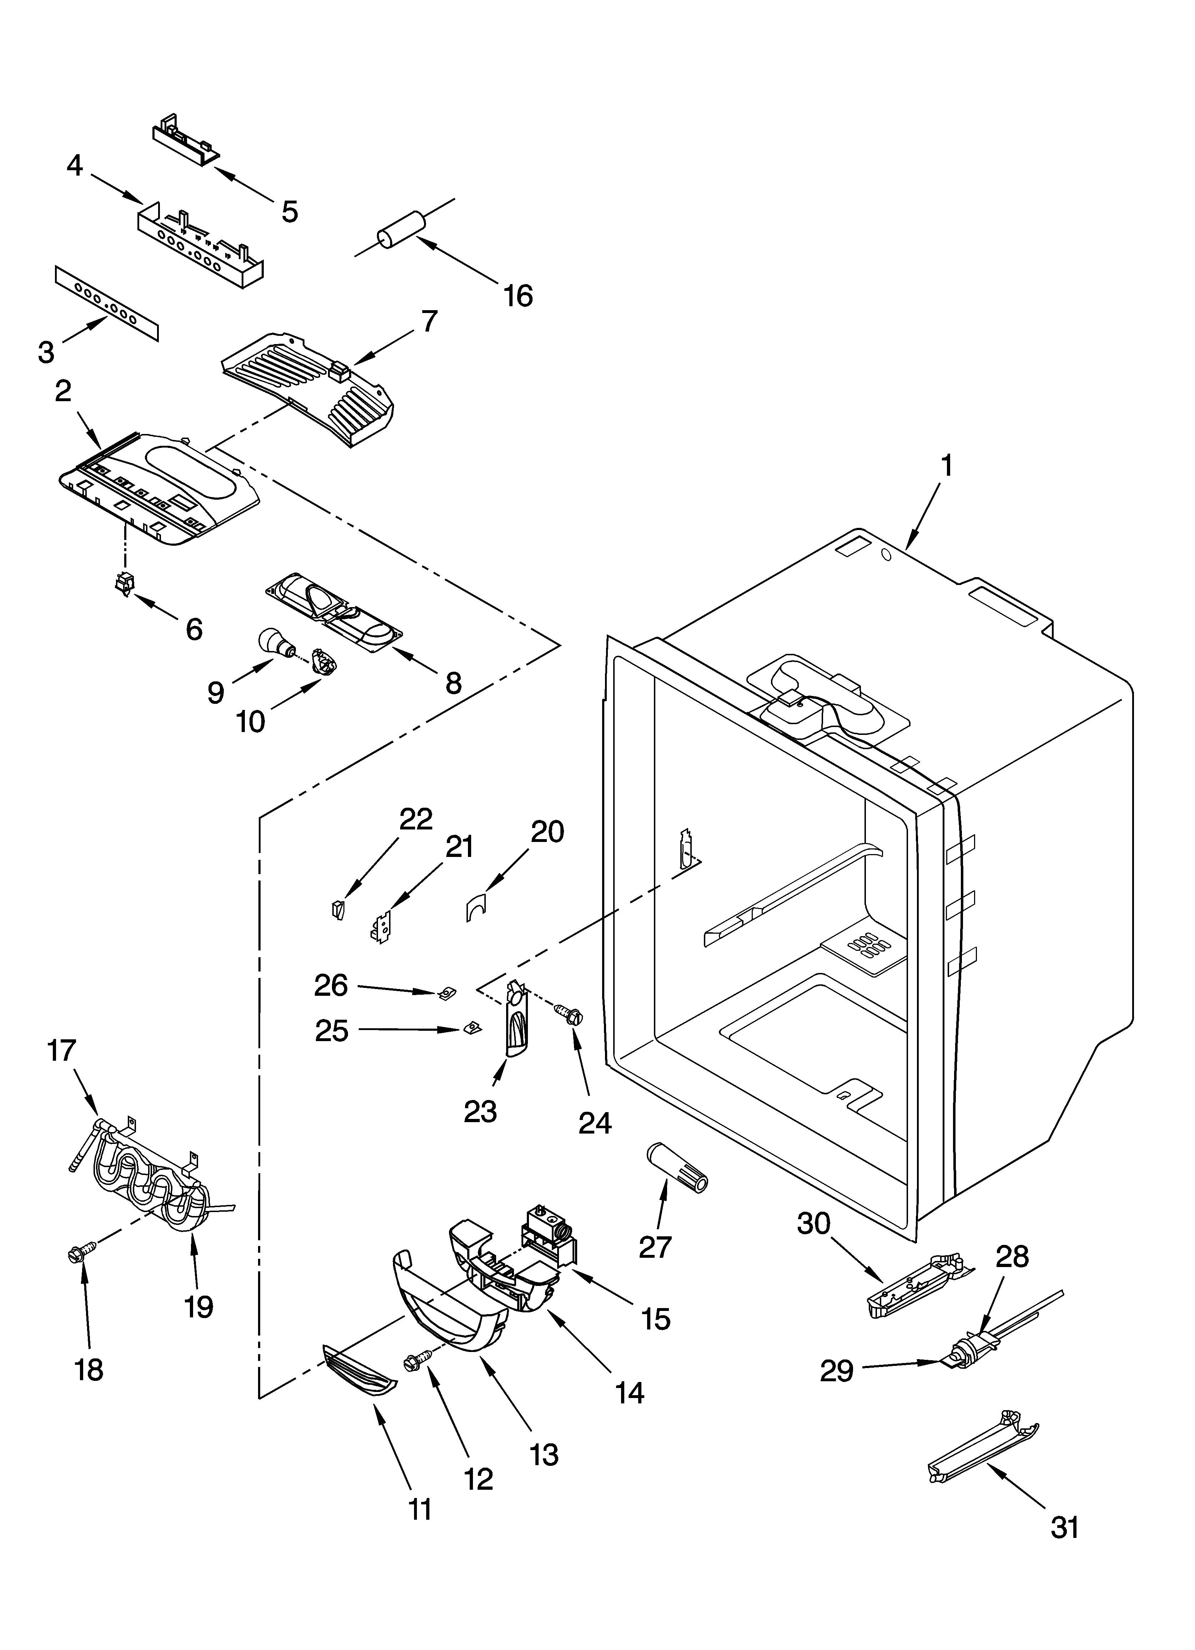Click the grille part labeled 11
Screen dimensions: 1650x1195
360,1370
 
